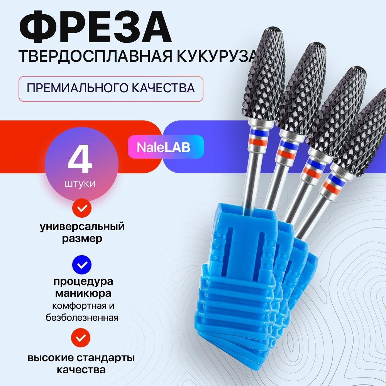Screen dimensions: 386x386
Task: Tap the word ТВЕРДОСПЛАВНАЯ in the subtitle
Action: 95,56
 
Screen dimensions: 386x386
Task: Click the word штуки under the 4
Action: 80,184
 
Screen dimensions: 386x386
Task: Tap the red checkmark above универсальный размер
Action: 82,208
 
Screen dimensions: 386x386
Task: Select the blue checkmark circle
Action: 82,265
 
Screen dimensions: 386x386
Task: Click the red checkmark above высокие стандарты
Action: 81,338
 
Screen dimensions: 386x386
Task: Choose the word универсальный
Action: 82,227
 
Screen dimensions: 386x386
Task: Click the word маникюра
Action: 83,293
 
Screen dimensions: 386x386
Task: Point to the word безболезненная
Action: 82,318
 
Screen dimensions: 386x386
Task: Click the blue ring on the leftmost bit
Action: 258,133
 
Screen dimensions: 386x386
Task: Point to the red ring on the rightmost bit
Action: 331,186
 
